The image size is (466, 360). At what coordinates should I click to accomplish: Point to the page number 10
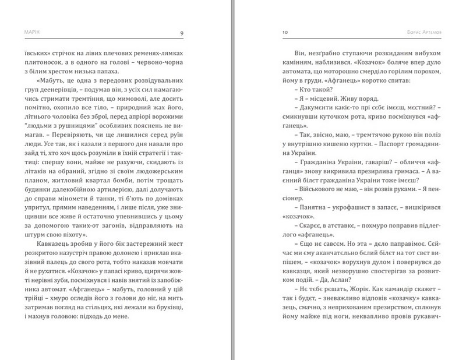(285, 33)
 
